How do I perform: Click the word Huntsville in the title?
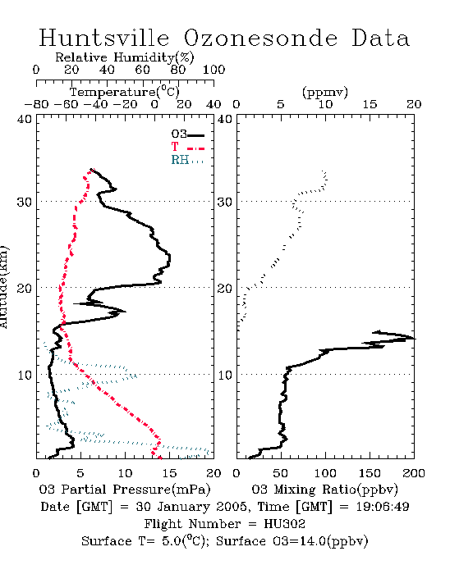coord(104,38)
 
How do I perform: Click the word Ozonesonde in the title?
coord(260,38)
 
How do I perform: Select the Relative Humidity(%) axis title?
coord(125,57)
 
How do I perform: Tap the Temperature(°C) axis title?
coord(125,92)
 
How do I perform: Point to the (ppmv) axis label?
coord(325,92)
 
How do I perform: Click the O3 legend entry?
coord(187,134)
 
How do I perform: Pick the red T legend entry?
coord(187,147)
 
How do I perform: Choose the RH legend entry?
coord(187,160)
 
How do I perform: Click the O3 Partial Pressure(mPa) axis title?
coord(125,490)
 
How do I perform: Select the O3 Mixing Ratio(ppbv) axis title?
coord(324,490)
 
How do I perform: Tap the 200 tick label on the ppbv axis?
coord(414,473)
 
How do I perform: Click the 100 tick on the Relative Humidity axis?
coord(214,70)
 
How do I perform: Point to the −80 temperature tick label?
coord(36,104)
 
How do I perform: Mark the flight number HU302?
coord(284,524)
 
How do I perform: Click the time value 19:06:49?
coord(383,507)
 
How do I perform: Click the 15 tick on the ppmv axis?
coord(370,104)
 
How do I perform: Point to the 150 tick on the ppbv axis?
coord(370,473)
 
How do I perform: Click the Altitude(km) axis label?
coord(4,287)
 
